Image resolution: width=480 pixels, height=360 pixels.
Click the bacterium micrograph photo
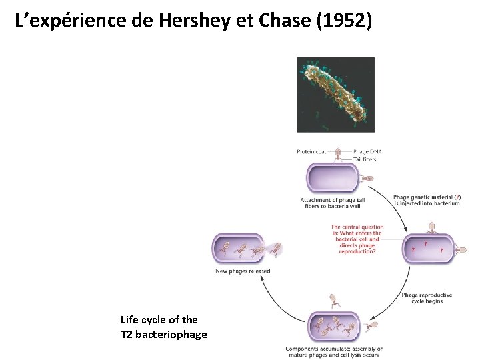click(x=335, y=95)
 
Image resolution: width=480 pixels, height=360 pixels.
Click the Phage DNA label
click(x=367, y=152)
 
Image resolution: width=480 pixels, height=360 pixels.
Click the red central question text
click(x=356, y=239)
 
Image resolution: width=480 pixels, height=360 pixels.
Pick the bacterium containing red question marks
click(x=428, y=248)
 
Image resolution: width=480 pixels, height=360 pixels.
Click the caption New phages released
click(x=243, y=271)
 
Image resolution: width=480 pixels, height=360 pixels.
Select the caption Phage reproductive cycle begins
click(x=427, y=297)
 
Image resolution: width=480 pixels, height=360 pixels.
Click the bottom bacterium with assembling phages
click(x=333, y=327)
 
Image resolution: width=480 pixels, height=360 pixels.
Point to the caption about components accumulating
click(x=334, y=351)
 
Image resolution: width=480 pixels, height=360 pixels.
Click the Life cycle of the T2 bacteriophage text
click(x=163, y=327)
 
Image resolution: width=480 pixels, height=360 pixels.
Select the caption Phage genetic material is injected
click(x=427, y=200)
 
